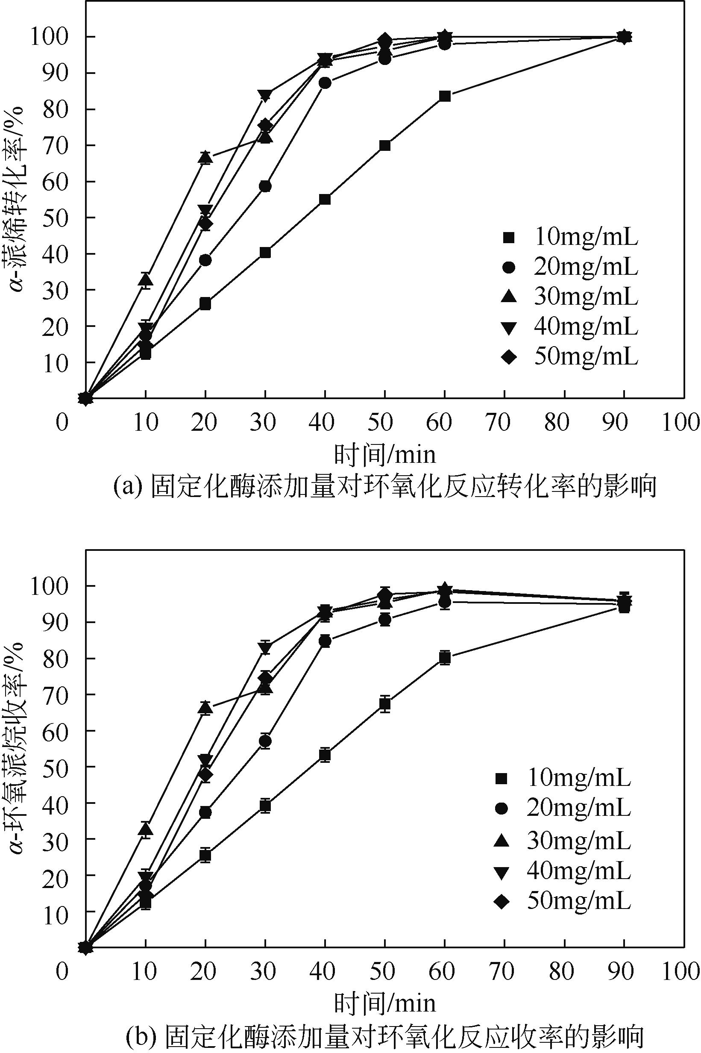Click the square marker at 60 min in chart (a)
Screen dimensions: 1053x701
(444, 96)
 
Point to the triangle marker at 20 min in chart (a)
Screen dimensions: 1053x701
(205, 157)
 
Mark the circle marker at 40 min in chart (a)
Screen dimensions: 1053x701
(325, 83)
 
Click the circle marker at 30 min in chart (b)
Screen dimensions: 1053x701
(265, 741)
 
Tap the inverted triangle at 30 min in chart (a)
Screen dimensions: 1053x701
(265, 95)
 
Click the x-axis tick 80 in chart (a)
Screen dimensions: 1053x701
(557, 422)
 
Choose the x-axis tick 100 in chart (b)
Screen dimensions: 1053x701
(680, 971)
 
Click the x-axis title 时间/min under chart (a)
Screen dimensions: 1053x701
(385, 455)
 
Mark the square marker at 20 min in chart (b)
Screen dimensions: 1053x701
(205, 855)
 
